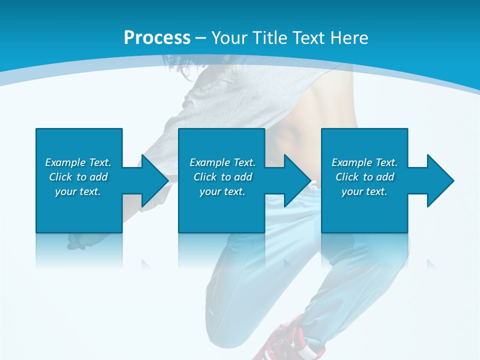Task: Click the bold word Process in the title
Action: [x=157, y=38]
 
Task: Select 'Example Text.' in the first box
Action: [x=78, y=162]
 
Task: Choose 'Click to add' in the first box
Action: [x=78, y=177]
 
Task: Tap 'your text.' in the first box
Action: [x=78, y=191]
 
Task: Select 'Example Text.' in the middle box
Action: [x=222, y=162]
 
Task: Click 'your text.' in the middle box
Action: [x=222, y=191]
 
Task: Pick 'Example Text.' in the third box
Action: [x=364, y=162]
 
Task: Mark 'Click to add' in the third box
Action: [x=364, y=177]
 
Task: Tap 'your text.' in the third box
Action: [x=364, y=191]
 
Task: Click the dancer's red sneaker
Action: [x=285, y=340]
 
